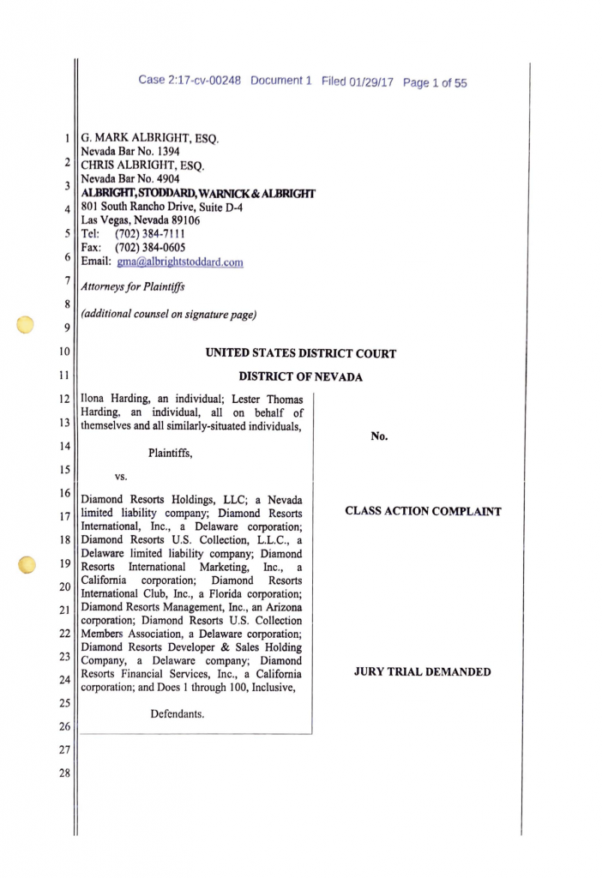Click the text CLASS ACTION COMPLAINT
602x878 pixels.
[x=423, y=511]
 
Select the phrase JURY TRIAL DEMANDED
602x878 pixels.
[x=422, y=671]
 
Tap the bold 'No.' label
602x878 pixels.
[x=379, y=436]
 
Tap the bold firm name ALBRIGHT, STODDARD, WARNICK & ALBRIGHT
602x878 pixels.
[x=198, y=193]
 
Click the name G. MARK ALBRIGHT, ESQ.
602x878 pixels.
[x=150, y=136]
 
